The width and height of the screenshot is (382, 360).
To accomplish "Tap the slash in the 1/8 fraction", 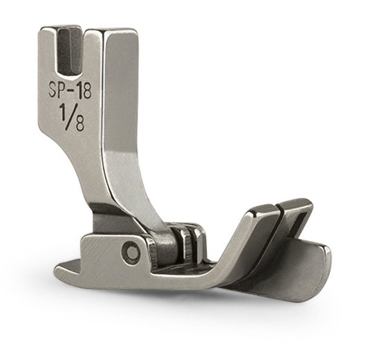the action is coord(73,117).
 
